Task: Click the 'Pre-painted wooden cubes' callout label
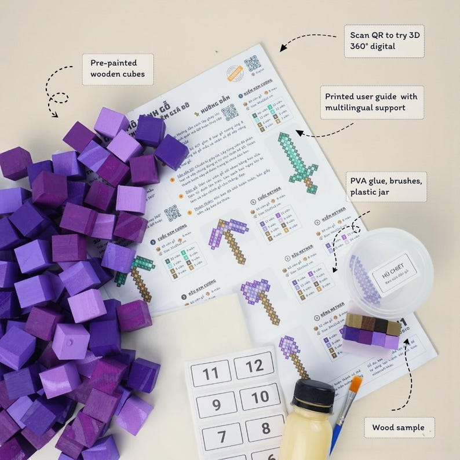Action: coord(118,69)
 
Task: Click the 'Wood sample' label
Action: coord(399,428)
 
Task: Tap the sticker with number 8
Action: coord(264,429)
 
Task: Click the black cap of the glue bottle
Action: coord(312,395)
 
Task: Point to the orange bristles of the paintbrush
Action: coord(355,384)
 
